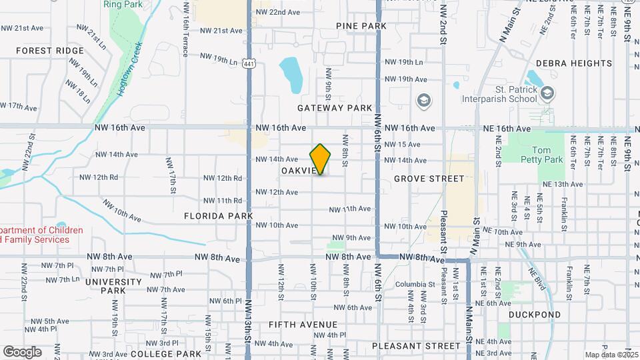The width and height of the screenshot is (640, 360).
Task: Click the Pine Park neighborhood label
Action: click(361, 26)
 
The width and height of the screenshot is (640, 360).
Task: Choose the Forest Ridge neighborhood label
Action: click(50, 51)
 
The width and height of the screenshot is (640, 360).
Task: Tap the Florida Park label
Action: click(219, 216)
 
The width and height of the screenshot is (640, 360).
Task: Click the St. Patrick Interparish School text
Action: click(499, 94)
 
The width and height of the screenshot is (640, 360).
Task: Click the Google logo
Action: click(22, 351)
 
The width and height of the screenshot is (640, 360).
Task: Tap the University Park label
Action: click(114, 286)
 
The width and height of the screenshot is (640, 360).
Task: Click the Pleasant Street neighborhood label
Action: click(416, 346)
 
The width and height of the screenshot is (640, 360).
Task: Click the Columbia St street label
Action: click(410, 284)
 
